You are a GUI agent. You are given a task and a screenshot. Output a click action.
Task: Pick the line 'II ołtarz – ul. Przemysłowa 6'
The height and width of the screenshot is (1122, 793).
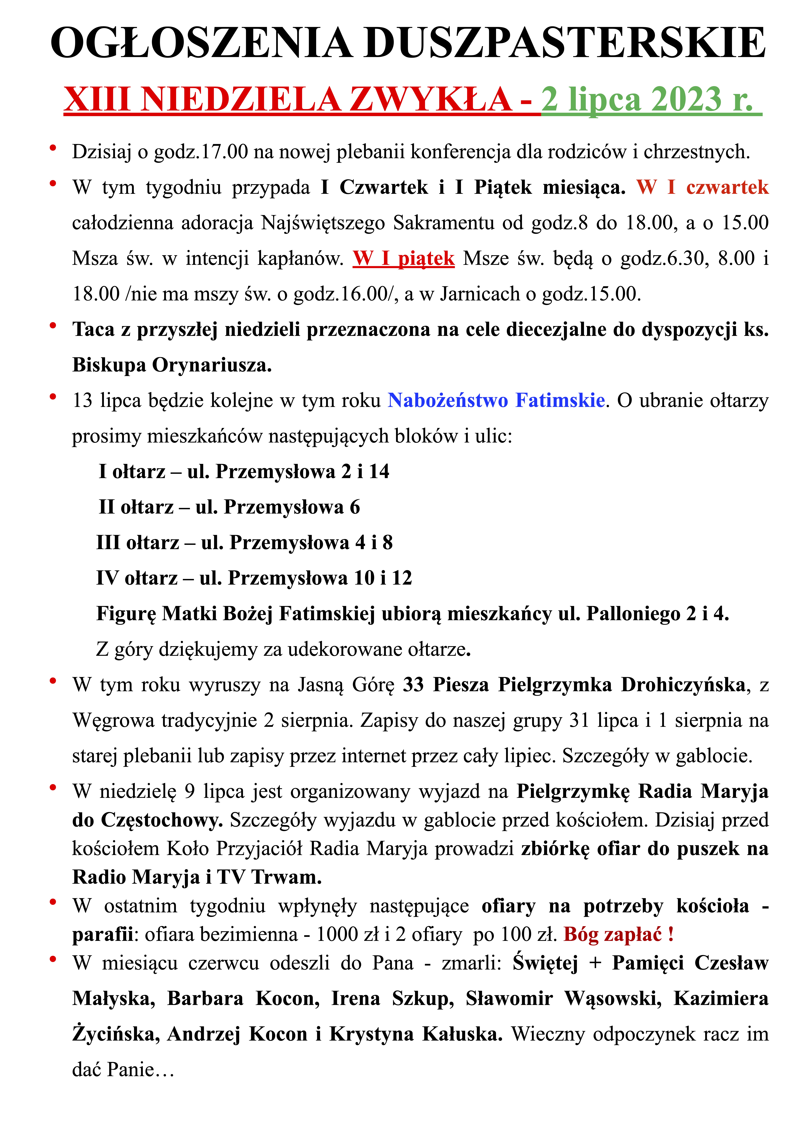click(x=229, y=507)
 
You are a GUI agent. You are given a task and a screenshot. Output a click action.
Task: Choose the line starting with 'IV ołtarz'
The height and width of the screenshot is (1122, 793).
click(x=254, y=578)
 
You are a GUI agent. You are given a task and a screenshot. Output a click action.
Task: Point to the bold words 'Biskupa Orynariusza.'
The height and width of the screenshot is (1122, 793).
click(x=172, y=365)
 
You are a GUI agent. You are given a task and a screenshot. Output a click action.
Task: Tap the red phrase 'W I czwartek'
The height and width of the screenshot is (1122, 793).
click(x=702, y=187)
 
